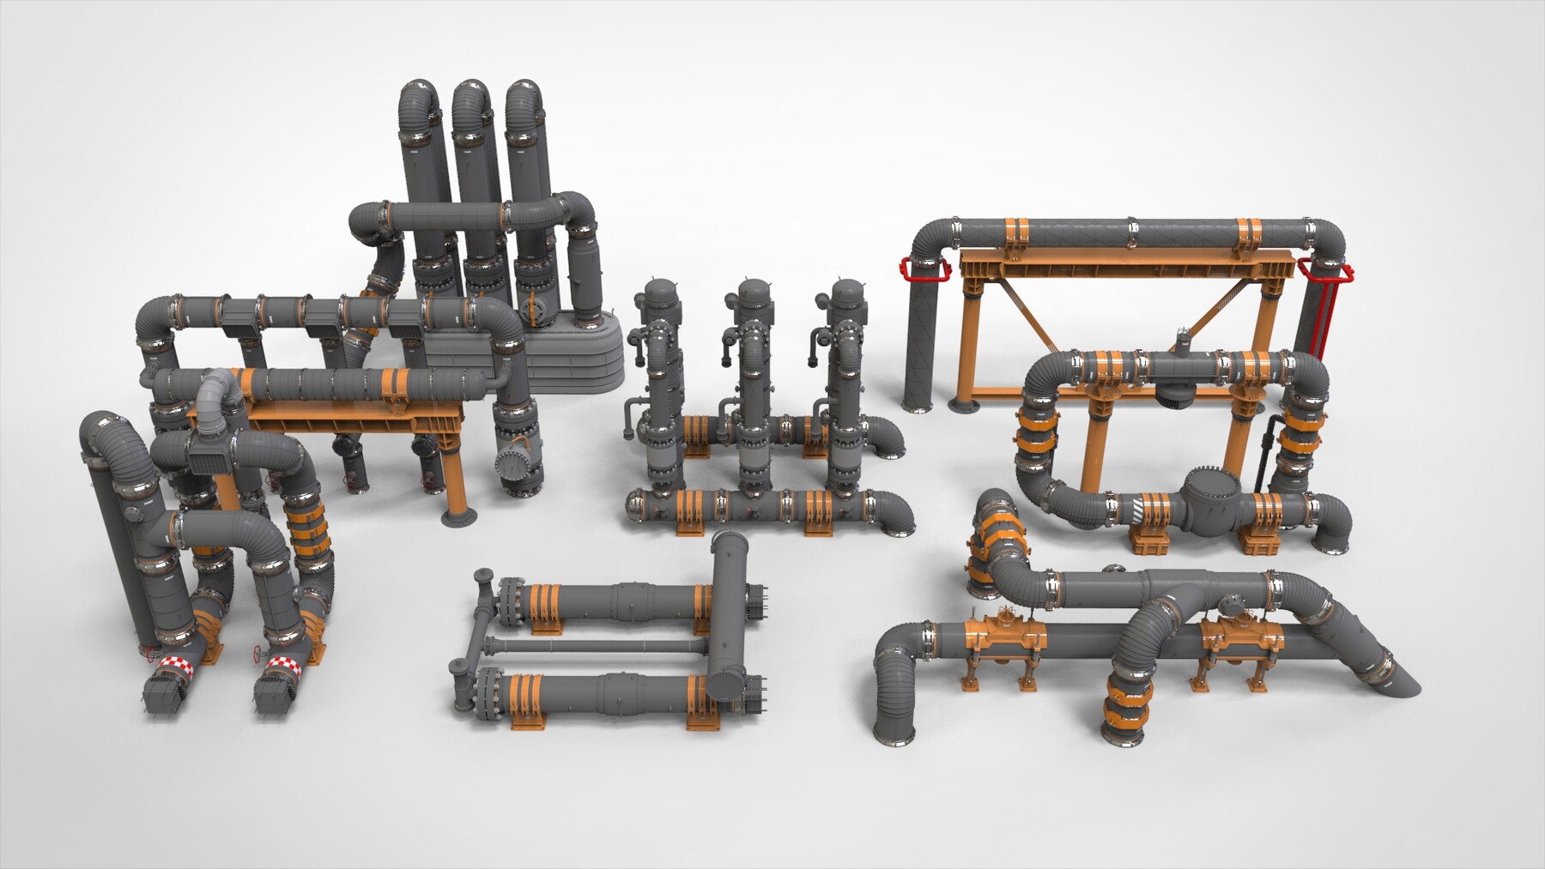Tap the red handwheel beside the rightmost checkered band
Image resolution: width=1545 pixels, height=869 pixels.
257,655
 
